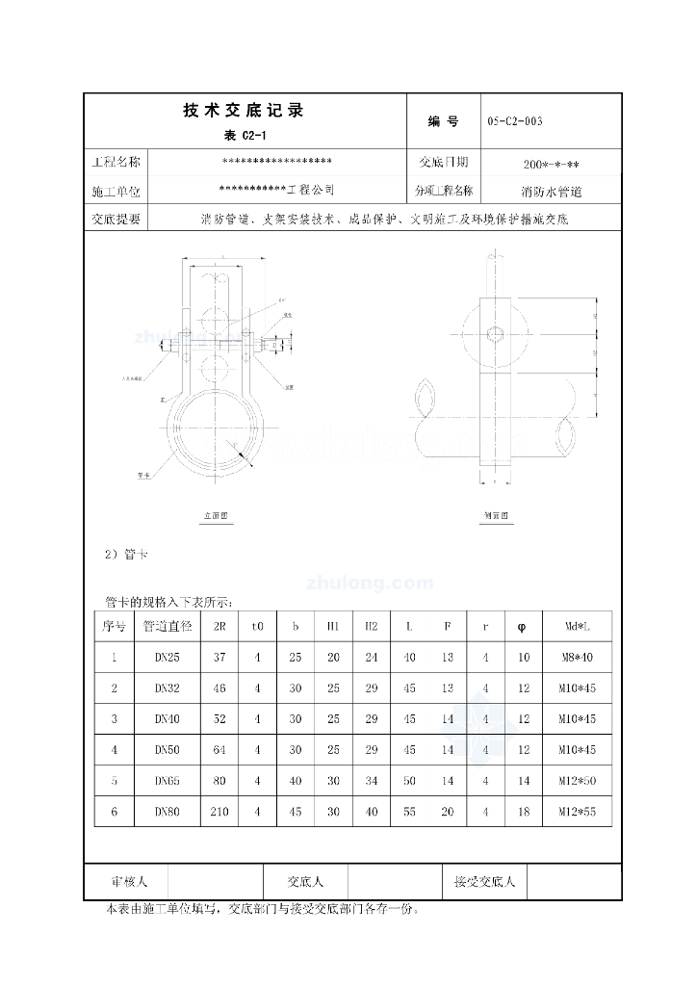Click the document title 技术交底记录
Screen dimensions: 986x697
coord(243,111)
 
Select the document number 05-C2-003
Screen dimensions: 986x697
coord(515,121)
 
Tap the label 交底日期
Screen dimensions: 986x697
coord(444,162)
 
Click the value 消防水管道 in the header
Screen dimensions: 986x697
coord(552,192)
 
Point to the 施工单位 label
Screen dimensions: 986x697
coord(116,192)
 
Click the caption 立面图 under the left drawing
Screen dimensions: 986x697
coord(215,517)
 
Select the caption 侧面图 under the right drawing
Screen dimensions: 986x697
coord(496,517)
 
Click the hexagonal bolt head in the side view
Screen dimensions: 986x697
coord(495,334)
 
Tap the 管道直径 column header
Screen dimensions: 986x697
coord(168,626)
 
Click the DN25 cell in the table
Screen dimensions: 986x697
coord(168,658)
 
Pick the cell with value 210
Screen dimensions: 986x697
coord(219,812)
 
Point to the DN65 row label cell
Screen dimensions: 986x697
coord(168,781)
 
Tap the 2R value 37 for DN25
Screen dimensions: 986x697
coord(219,658)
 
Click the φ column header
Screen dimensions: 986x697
coord(523,626)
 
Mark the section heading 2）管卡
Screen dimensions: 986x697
coord(125,554)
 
